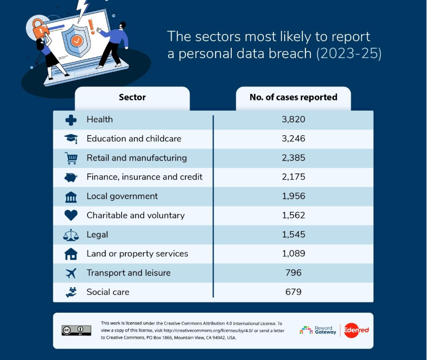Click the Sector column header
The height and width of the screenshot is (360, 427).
coord(132,98)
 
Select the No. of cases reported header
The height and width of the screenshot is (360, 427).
coord(293,98)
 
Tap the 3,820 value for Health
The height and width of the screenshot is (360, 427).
coord(293,120)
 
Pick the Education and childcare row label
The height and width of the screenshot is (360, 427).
coord(134,139)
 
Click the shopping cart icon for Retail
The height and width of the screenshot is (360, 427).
coord(71,158)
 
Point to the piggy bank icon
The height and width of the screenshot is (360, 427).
coord(71,177)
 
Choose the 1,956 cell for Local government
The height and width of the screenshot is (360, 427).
coord(293,196)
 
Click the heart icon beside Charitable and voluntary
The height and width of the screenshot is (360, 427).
coord(71,215)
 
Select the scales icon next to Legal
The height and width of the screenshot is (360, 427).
coord(71,235)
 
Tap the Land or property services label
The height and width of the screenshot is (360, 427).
coord(137,254)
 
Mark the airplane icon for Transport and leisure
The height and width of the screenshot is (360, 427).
coord(71,273)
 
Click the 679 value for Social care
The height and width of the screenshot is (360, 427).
coord(293,292)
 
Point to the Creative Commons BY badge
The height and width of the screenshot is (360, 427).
coord(76,330)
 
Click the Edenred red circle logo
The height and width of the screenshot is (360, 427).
coord(351,330)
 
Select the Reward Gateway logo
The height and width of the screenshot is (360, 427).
coord(318,330)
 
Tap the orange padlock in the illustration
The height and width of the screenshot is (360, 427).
coord(40,30)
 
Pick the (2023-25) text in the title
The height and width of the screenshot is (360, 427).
coord(349,53)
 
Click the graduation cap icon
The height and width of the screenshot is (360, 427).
coord(71,139)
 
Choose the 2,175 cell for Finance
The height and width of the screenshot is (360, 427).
coord(293,177)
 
